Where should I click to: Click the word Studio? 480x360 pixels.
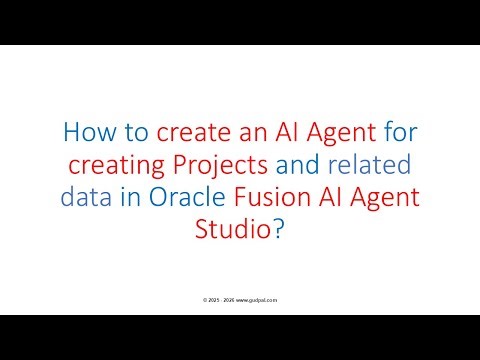231,229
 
